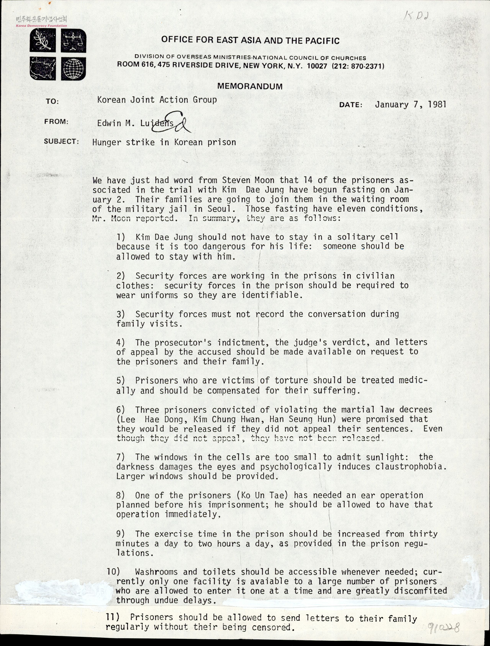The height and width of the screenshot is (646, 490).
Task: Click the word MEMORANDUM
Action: click(250, 86)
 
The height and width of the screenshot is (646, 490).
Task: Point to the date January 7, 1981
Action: click(411, 105)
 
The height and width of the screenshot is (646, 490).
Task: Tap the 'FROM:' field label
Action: click(56, 122)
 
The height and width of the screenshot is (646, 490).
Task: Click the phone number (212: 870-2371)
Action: click(358, 66)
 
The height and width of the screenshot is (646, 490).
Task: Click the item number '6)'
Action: click(121, 410)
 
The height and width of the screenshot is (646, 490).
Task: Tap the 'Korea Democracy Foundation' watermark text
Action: click(42, 26)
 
